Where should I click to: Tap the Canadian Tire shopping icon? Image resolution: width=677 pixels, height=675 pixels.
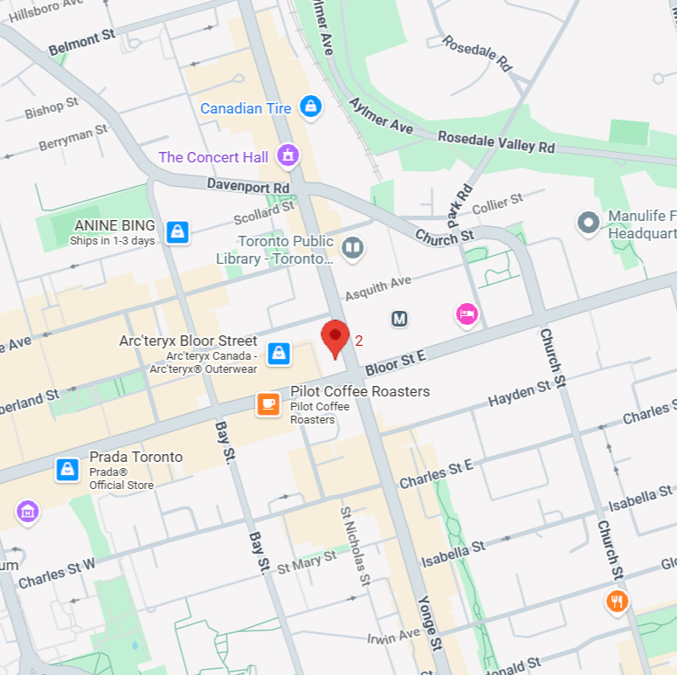click(x=309, y=107)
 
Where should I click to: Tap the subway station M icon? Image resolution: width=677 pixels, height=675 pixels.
click(x=399, y=320)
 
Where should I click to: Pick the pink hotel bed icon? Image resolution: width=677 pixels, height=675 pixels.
click(x=467, y=314)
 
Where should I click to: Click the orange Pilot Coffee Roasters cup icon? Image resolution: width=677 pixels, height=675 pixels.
click(x=268, y=404)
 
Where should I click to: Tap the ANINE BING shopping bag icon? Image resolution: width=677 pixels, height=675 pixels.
click(x=178, y=231)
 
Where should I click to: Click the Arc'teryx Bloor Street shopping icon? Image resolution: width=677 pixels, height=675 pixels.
click(x=279, y=353)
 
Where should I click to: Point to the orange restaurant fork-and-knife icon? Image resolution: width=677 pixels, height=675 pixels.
click(x=618, y=601)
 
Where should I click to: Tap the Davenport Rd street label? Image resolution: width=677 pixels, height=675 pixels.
click(x=247, y=186)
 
